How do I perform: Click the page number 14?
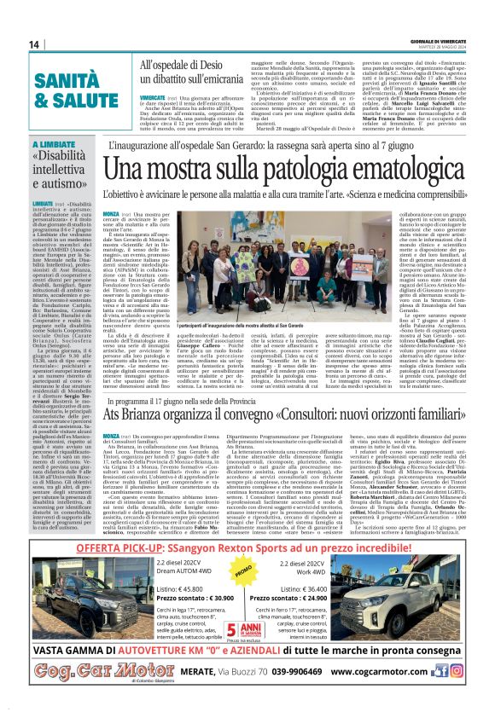(x=33, y=44)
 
